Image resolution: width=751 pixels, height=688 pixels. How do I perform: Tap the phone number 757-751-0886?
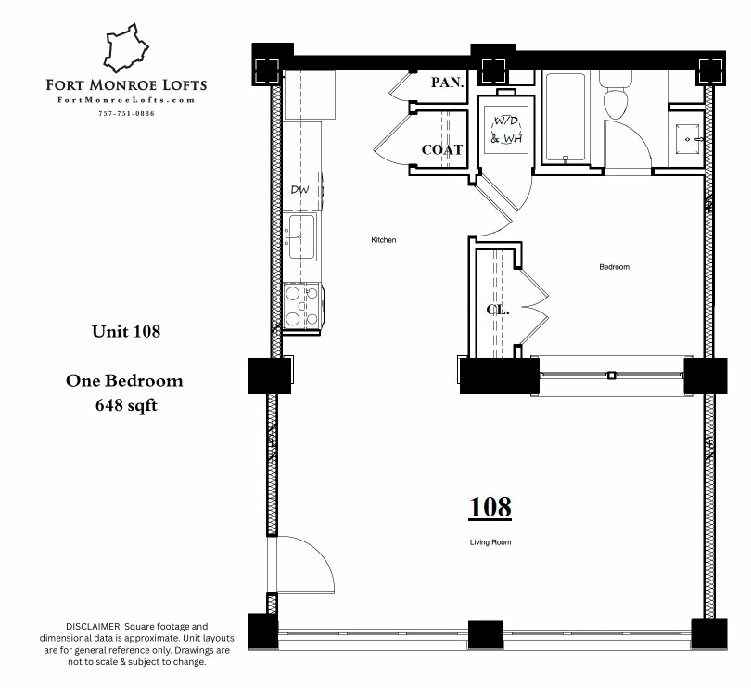(126, 113)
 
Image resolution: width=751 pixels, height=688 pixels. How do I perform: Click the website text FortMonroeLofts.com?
(126, 100)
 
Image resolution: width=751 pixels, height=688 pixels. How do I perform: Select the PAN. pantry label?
(447, 83)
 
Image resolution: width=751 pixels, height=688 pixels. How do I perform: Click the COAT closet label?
(442, 149)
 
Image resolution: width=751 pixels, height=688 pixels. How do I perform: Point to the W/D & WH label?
(507, 130)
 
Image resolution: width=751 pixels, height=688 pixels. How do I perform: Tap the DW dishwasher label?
(299, 190)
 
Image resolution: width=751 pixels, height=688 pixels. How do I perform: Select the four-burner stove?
(301, 306)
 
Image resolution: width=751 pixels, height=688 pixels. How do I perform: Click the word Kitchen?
(384, 240)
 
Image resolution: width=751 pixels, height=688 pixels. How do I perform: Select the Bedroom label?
(614, 267)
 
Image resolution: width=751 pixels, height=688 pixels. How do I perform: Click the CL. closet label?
(498, 311)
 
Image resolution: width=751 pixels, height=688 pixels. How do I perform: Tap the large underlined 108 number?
(490, 507)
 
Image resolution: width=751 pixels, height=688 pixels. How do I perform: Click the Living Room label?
(490, 542)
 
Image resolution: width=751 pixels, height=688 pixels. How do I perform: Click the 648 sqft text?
(126, 404)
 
